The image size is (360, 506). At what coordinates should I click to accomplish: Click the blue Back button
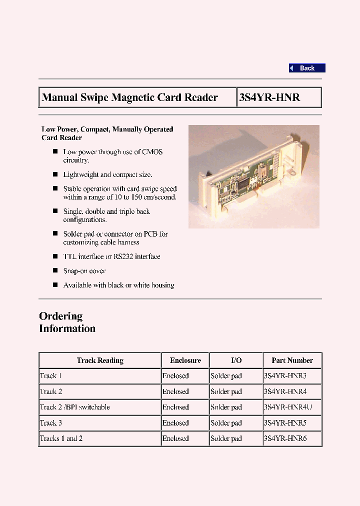pos(307,68)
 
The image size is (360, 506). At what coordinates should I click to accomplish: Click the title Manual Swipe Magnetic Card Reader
pos(130,97)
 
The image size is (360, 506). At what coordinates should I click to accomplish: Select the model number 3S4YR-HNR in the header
pos(269,97)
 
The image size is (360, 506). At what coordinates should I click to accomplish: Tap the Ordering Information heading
pos(67,322)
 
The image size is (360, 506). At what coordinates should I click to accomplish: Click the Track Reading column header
pos(100,360)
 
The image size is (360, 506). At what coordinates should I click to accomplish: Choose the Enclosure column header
pos(185,360)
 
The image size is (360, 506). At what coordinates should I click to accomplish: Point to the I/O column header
pos(236,360)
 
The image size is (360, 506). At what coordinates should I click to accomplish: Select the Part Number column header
pos(292,360)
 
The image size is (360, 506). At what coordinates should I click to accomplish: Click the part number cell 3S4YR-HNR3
pos(285,376)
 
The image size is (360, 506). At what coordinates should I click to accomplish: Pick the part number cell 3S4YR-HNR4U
pos(287,407)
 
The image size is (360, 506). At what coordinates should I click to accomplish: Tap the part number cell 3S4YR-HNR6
pos(285,438)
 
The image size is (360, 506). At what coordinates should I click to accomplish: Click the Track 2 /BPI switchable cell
pos(75,407)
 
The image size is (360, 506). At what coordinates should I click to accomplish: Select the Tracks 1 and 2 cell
pos(61,438)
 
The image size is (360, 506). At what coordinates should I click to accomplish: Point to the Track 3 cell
pos(51,423)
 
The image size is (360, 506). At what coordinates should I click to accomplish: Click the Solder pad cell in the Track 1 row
pos(226,376)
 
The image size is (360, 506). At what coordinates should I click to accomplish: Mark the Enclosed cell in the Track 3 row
pos(175,423)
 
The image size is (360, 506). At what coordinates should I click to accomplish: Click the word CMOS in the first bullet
pos(152,152)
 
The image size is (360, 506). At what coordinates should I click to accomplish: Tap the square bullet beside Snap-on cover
pos(55,270)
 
